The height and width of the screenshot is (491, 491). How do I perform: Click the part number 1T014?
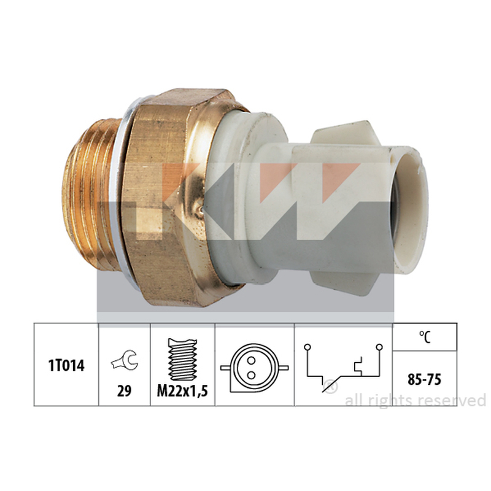(x=66, y=365)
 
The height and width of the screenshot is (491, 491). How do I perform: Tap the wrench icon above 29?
(x=125, y=360)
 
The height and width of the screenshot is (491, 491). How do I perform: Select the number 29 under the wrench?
(x=124, y=391)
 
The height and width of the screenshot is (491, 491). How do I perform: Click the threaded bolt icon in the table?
(x=182, y=359)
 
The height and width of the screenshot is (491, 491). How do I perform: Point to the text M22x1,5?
(x=182, y=391)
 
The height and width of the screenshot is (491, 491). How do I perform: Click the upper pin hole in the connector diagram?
(x=251, y=361)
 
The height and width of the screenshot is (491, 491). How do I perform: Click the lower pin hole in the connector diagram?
(x=251, y=375)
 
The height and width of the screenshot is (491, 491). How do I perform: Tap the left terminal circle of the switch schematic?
(x=307, y=347)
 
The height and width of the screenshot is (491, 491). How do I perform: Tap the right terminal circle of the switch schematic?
(x=379, y=347)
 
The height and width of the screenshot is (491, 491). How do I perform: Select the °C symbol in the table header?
(x=425, y=337)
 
